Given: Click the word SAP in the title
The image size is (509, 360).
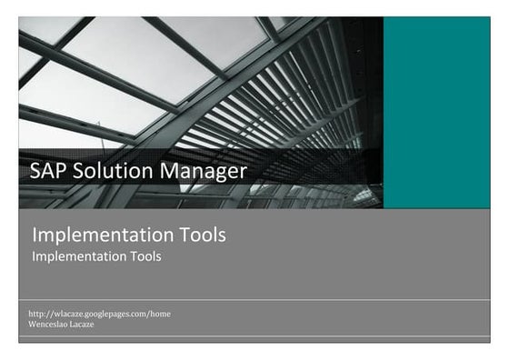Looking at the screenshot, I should pyautogui.click(x=47, y=170).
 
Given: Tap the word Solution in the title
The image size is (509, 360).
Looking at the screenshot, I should pyautogui.click(x=109, y=170).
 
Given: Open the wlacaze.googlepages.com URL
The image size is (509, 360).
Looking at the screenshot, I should pyautogui.click(x=100, y=314).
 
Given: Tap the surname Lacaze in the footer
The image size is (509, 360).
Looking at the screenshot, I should pyautogui.click(x=84, y=324).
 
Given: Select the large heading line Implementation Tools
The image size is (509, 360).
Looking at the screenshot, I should pyautogui.click(x=129, y=235).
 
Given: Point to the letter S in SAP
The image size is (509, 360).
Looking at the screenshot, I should pyautogui.click(x=35, y=170).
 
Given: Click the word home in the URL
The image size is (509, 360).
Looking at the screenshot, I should pyautogui.click(x=160, y=314).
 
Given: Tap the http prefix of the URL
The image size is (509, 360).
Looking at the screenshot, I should pyautogui.click(x=37, y=314).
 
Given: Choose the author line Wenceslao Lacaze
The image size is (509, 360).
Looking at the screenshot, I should pyautogui.click(x=61, y=324).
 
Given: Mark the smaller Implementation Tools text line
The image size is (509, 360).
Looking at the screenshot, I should pyautogui.click(x=96, y=256).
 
